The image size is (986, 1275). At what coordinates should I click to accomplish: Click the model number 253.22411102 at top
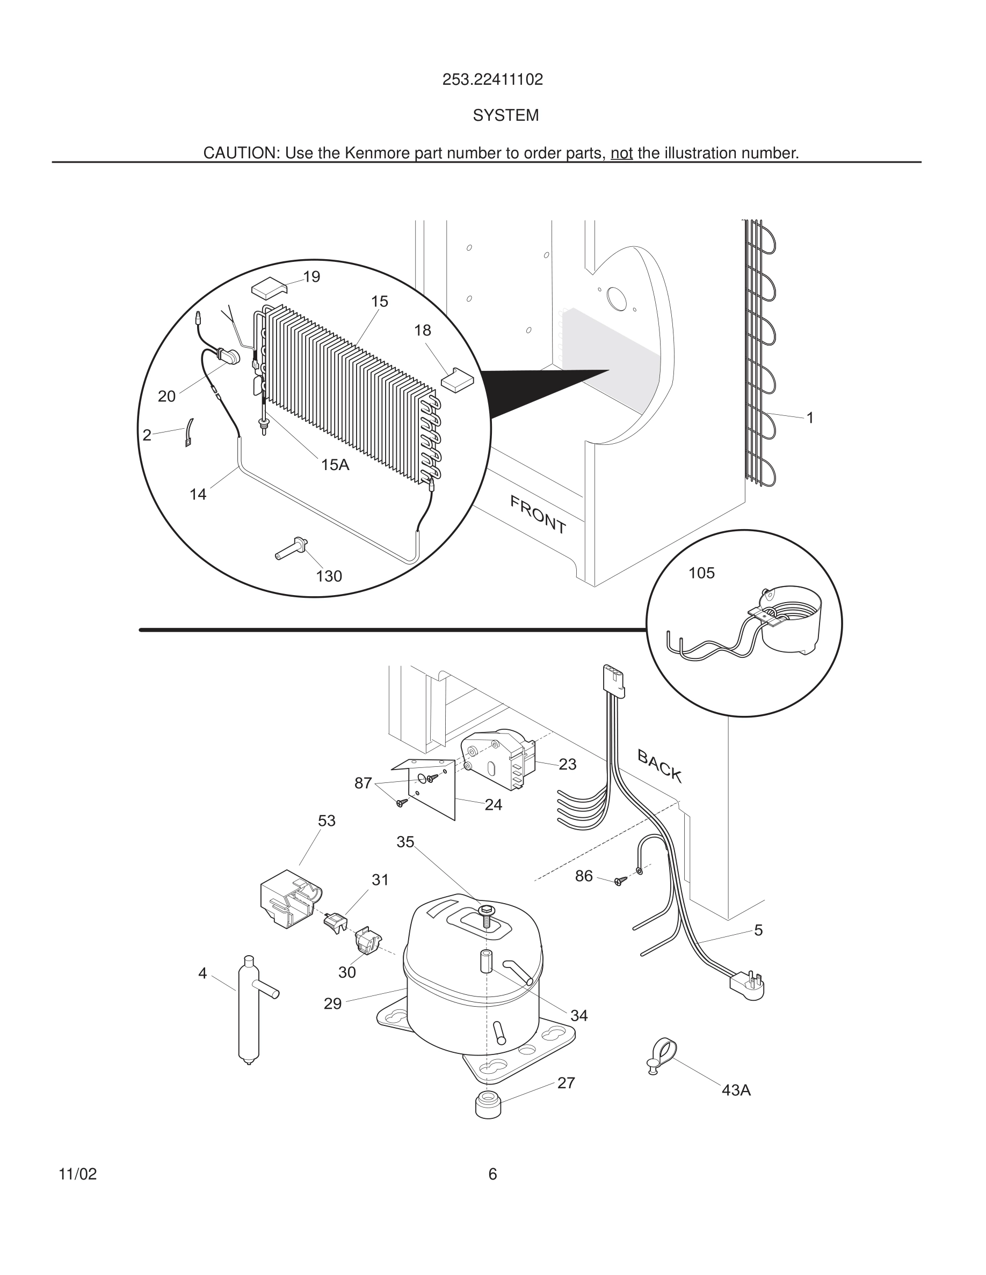pos(492,79)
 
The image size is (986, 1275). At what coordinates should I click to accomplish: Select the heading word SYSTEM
pos(505,115)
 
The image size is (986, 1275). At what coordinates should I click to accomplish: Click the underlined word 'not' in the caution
pos(621,153)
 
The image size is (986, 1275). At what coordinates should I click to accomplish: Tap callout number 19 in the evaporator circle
pos(312,277)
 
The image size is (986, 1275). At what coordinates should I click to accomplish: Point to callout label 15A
pos(335,465)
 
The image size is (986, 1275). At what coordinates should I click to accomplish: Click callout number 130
pos(329,576)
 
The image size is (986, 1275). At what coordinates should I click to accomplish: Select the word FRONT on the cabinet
pos(538,514)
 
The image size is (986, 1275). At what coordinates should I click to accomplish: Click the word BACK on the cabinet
pos(659,765)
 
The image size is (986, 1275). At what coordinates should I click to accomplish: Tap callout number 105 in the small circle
pos(701,573)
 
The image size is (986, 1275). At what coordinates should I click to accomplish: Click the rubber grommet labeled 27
pos(488,1104)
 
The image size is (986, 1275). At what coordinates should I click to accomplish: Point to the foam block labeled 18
pos(457,378)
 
